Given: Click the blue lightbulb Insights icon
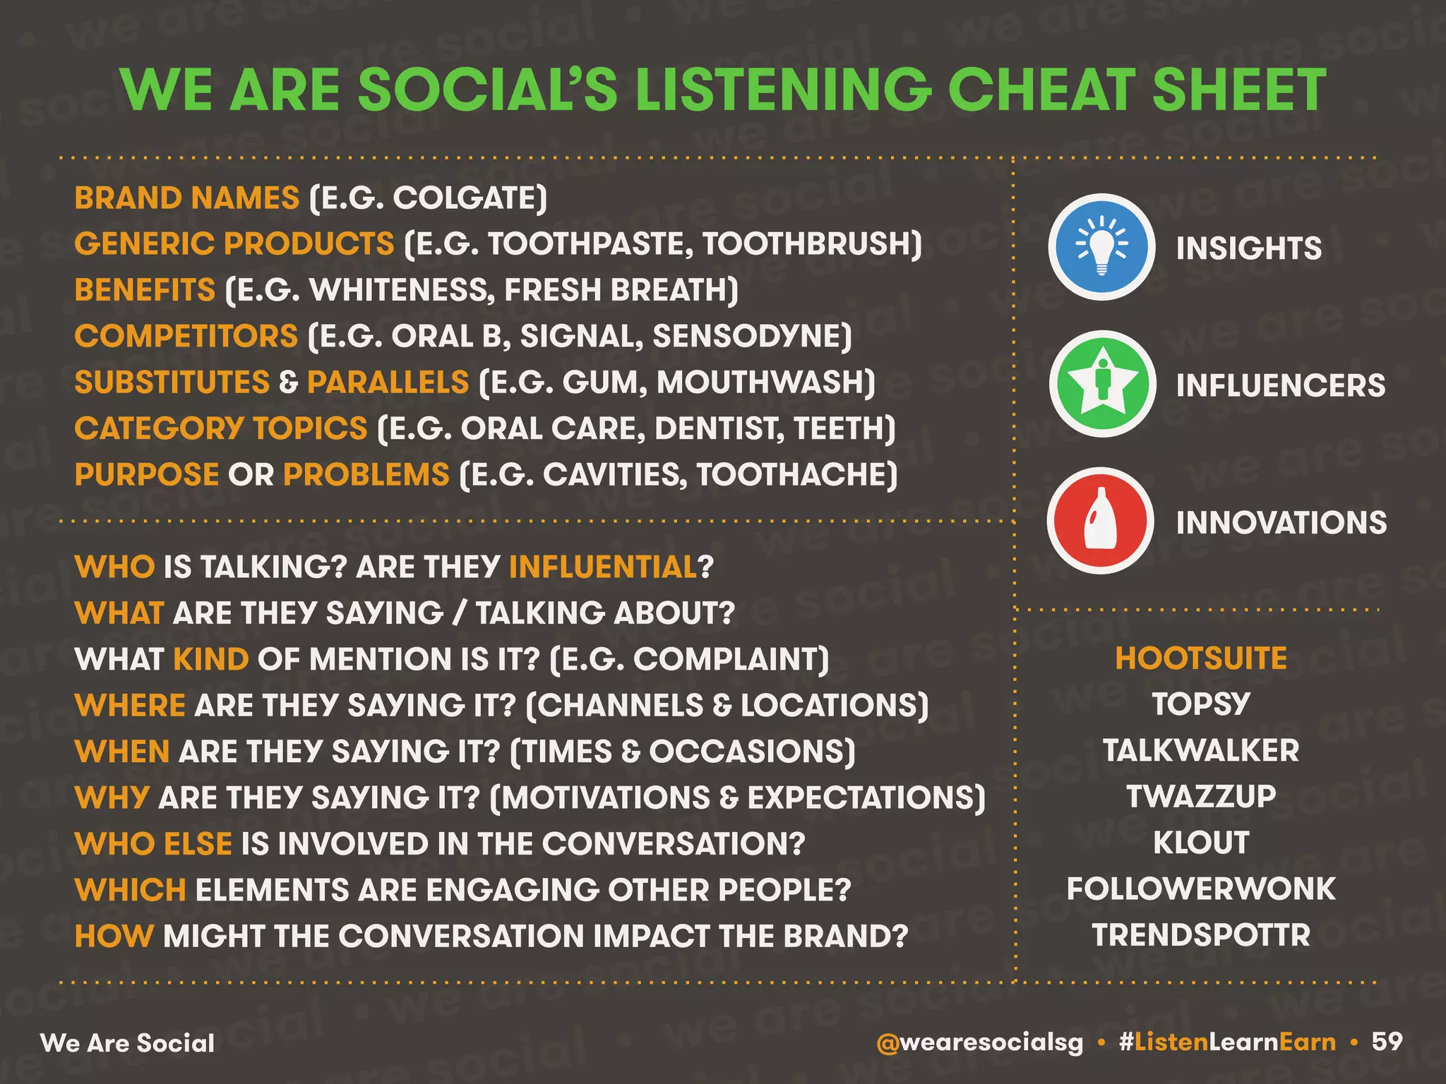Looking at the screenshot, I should pos(1101,247).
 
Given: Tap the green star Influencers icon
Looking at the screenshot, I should pos(1101,384).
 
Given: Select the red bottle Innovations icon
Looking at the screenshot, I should pos(1100,521).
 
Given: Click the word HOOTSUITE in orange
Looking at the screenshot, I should pos(1201,658).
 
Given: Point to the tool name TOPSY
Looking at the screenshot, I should pos(1201,704).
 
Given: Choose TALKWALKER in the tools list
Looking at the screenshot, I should pos(1201,750).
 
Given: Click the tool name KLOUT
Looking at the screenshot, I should pos(1201,843).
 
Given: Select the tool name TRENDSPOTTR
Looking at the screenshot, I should pos(1201,935).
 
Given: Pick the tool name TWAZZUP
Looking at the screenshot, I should pos(1201,797).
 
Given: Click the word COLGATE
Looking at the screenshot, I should pos(466,198).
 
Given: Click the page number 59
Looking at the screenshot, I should pos(1387,1042).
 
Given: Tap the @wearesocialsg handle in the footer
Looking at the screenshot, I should pos(979,1042).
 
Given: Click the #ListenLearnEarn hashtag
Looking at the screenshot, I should pos(1227,1042).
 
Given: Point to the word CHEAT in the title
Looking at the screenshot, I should pos(1042,90).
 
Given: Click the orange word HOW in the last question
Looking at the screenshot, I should pos(114,937).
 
